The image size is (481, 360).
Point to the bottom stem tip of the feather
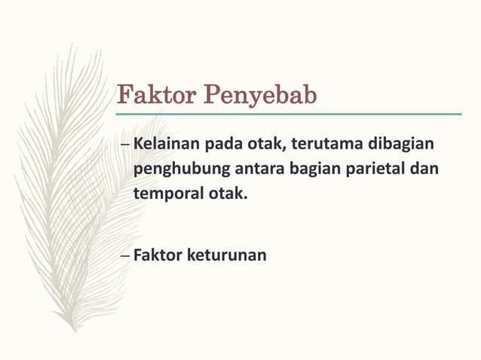tap(75, 330)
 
